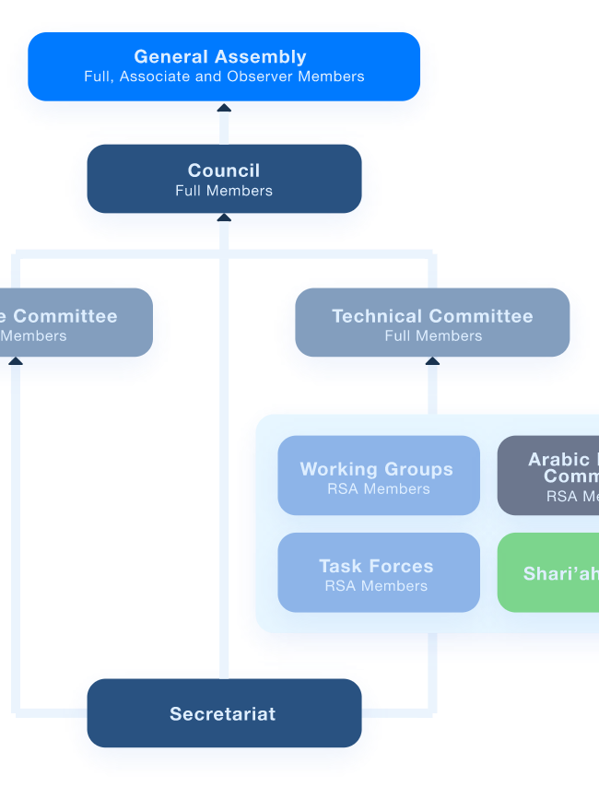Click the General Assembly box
pos(224,65)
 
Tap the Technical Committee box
pos(432,324)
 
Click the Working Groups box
pos(378,476)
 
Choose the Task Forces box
pos(378,572)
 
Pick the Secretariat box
pos(224,713)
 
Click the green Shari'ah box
pos(549,572)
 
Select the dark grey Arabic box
pos(549,476)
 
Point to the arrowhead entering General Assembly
pos(224,109)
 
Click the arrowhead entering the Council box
pos(224,218)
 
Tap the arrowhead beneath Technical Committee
pos(432,363)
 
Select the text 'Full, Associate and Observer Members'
pos(224,76)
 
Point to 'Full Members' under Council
pos(224,191)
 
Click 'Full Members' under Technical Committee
pos(433,336)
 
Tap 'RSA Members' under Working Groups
pos(378,489)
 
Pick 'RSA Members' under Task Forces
pos(376,586)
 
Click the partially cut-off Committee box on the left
pos(74,324)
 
